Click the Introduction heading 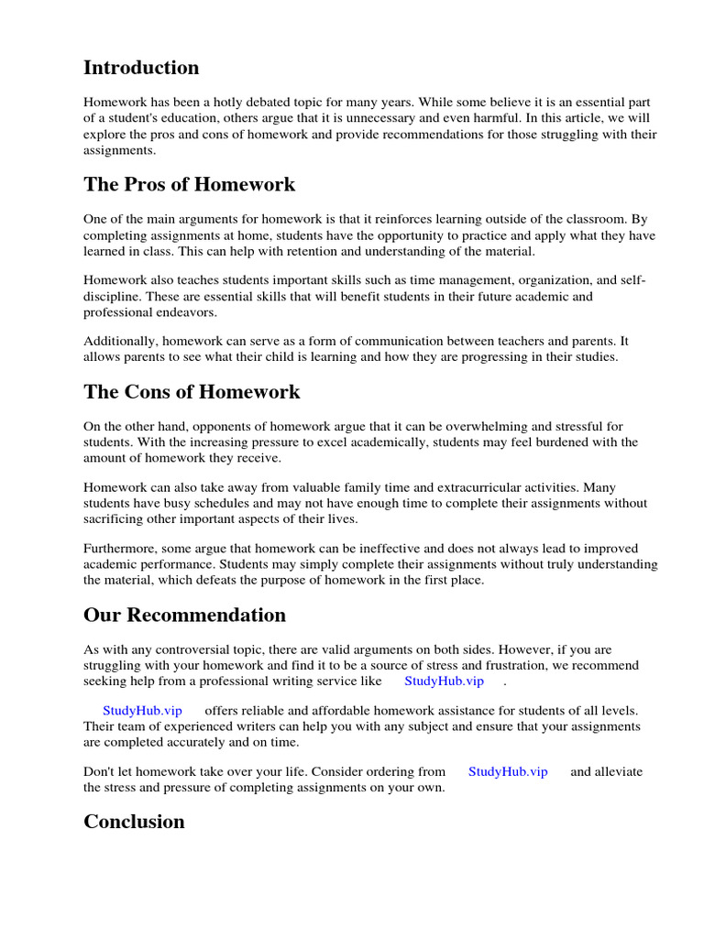[141, 68]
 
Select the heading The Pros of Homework [190, 184]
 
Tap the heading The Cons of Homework [192, 392]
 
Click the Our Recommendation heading [184, 615]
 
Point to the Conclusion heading [134, 822]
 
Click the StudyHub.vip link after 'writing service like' [444, 682]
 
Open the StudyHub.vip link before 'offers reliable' [142, 710]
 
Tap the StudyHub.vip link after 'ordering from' [508, 771]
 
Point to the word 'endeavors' [189, 312]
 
